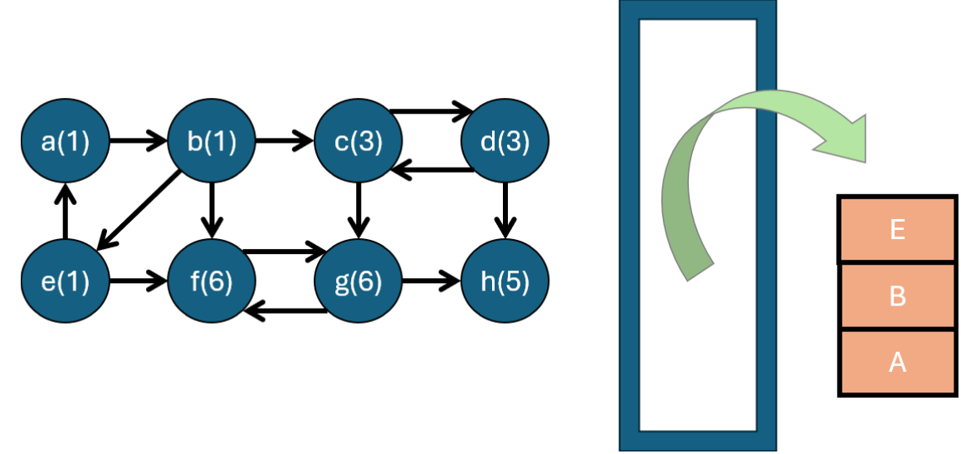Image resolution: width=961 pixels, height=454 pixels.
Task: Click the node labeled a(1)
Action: [66, 142]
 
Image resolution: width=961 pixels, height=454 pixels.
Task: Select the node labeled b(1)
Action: [212, 142]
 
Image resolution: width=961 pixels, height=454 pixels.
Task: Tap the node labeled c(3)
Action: [359, 142]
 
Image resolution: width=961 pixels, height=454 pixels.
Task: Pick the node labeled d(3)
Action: [505, 142]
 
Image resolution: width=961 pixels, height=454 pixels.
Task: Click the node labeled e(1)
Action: [66, 282]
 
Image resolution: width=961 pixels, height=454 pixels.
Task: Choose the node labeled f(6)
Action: [212, 282]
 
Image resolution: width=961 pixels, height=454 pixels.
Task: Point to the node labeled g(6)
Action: [359, 282]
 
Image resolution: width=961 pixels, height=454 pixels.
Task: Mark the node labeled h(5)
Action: [505, 282]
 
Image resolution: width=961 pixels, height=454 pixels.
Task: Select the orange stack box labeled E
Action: [897, 230]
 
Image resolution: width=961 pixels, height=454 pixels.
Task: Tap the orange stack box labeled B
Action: [897, 296]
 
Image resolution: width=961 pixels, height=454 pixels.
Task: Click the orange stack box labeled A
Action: [897, 362]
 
